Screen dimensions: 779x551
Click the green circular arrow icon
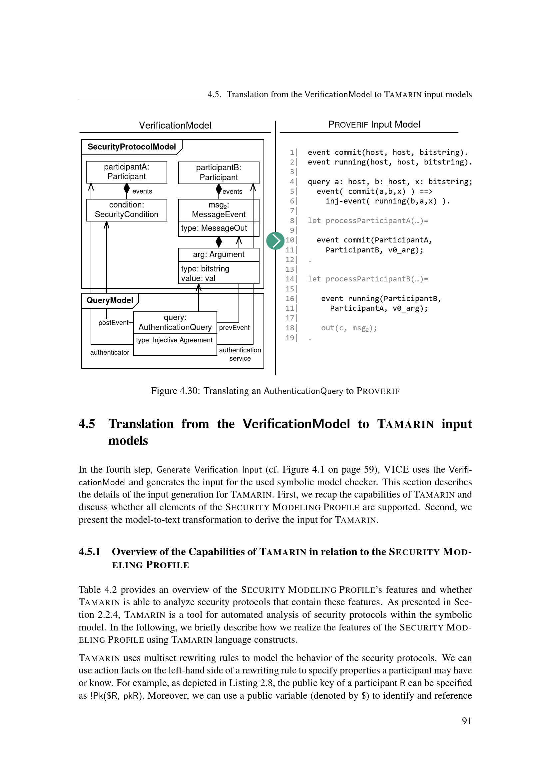pyautogui.click(x=275, y=240)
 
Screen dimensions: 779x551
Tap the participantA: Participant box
pyautogui.click(x=126, y=172)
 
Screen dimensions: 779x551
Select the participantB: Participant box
pyautogui.click(x=219, y=173)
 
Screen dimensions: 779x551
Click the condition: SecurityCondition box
pyautogui.click(x=126, y=210)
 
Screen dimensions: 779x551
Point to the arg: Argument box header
pyautogui.click(x=219, y=254)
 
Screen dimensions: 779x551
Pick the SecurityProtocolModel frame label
pyautogui.click(x=132, y=147)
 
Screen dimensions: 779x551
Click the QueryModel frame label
pyautogui.click(x=110, y=300)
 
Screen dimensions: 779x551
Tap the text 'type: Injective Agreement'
pyautogui.click(x=174, y=340)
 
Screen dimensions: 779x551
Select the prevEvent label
pyautogui.click(x=234, y=328)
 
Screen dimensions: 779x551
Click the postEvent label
pyautogui.click(x=113, y=323)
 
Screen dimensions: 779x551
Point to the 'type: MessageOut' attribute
pyautogui.click(x=214, y=228)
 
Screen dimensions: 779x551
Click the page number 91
pyautogui.click(x=466, y=721)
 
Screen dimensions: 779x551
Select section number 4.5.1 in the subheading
pyautogui.click(x=90, y=552)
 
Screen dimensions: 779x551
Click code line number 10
pyautogui.click(x=290, y=240)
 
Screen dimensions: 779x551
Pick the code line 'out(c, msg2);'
pyautogui.click(x=349, y=328)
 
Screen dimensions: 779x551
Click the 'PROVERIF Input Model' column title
pyautogui.click(x=374, y=125)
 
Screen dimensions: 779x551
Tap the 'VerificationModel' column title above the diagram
pyautogui.click(x=175, y=126)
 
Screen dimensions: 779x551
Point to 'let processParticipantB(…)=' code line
pyautogui.click(x=368, y=279)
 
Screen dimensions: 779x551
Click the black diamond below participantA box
pyautogui.click(x=127, y=188)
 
